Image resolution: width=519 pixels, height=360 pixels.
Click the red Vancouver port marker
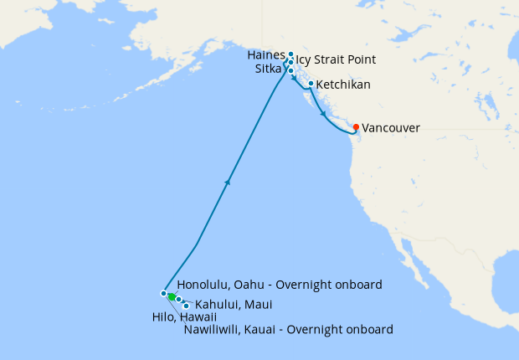(356, 127)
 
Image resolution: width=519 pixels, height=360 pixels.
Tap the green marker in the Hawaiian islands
(171, 296)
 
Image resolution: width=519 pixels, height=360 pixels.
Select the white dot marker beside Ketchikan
(311, 84)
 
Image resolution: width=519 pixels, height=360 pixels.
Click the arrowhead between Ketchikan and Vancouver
(324, 113)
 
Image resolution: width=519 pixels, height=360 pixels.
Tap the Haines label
(266, 54)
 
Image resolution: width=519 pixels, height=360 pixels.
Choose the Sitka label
(268, 69)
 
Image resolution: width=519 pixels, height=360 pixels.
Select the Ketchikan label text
(343, 85)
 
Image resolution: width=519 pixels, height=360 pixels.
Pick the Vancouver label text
(391, 128)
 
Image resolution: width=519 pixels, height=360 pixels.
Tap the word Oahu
(256, 284)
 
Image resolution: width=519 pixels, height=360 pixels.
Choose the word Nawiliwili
(213, 330)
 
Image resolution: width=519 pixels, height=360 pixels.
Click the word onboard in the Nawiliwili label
(368, 330)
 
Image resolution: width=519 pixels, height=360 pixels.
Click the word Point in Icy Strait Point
(362, 60)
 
